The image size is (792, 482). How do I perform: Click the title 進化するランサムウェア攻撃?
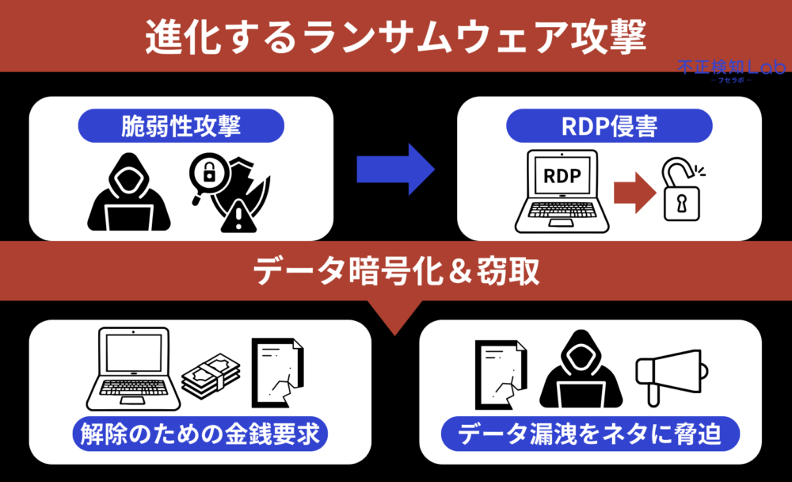(395, 36)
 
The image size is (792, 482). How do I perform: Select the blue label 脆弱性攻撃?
(181, 125)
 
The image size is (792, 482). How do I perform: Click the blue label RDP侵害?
(609, 125)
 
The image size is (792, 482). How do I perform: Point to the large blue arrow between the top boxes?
(395, 169)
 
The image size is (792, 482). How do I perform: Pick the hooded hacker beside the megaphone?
(576, 369)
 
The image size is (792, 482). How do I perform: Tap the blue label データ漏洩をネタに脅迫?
(588, 434)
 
